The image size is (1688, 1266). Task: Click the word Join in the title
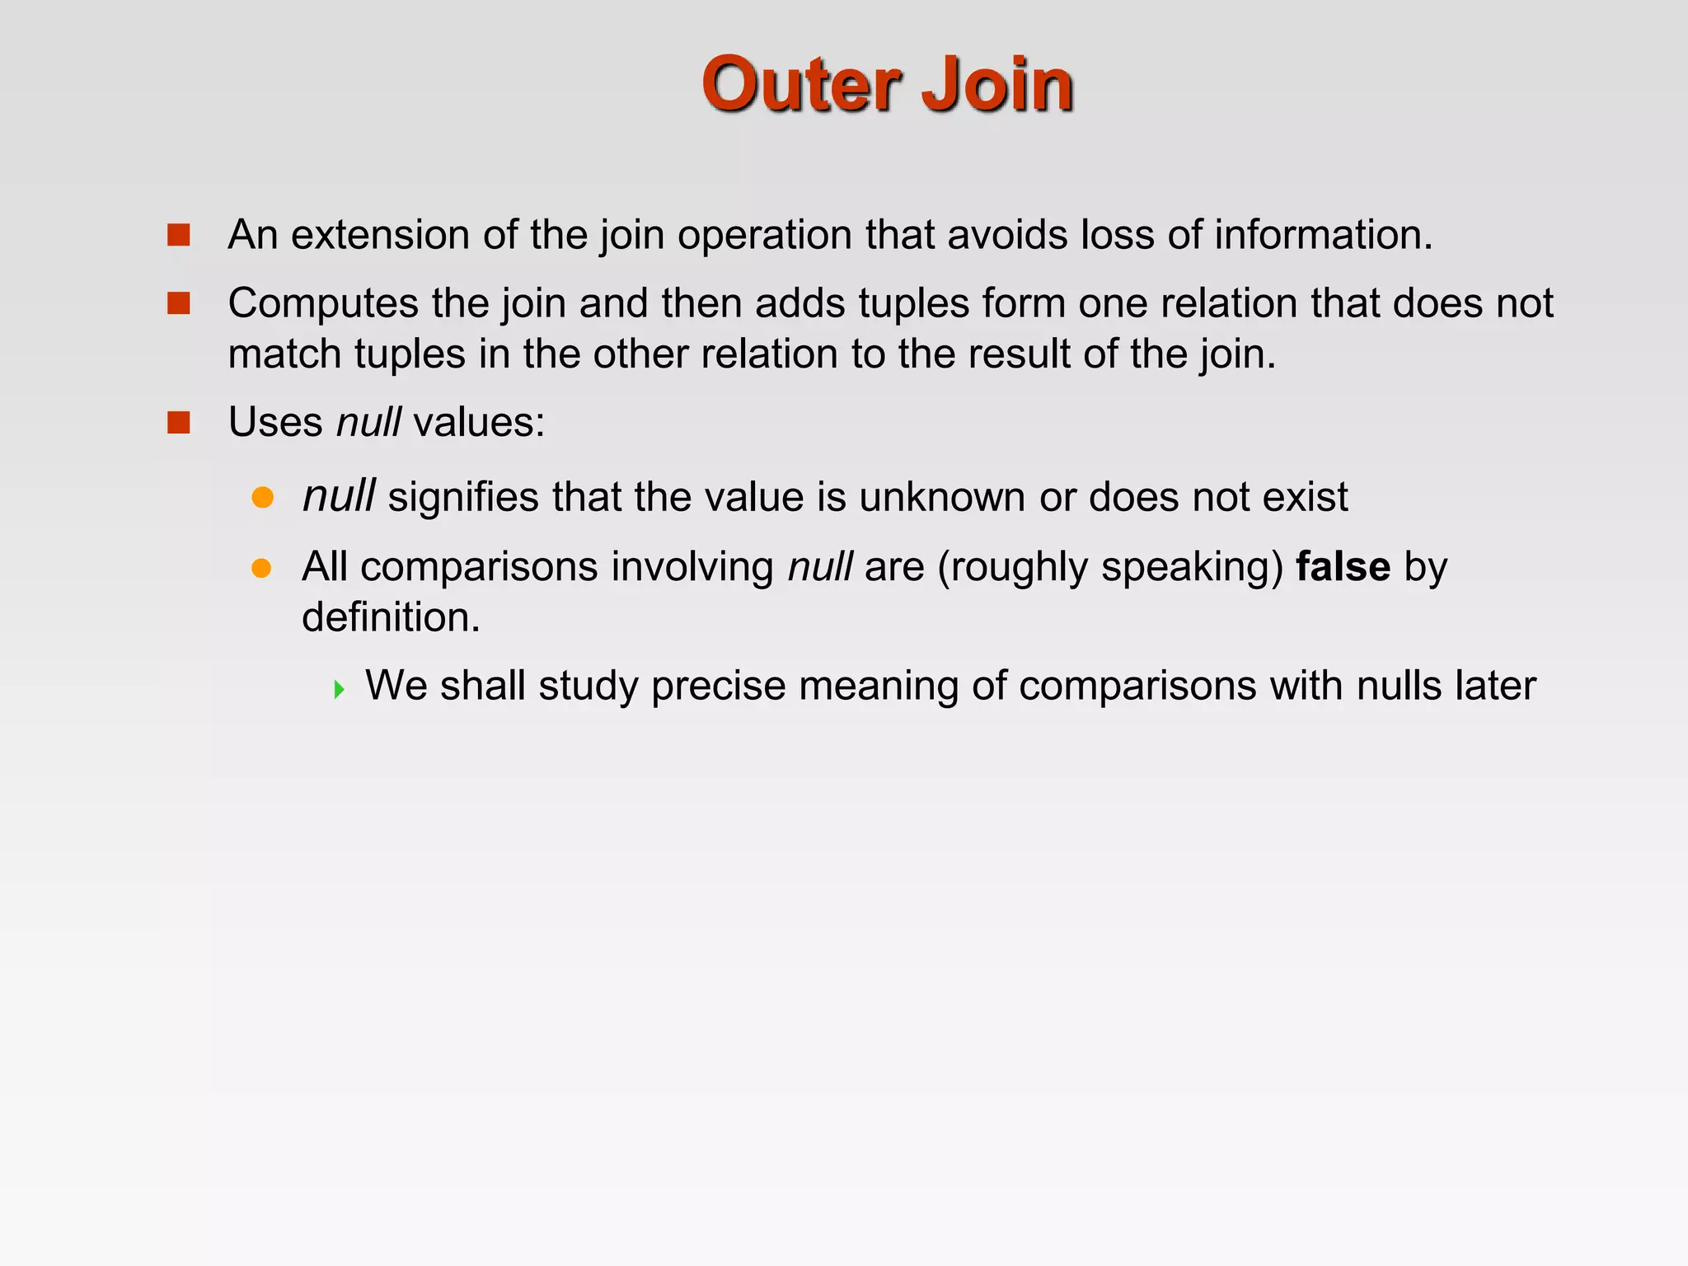tap(996, 84)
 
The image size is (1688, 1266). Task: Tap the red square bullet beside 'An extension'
tap(178, 236)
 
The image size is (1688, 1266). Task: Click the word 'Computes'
tap(323, 304)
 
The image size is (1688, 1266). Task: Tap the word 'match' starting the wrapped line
tap(284, 354)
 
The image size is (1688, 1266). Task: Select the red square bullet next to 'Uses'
tap(178, 423)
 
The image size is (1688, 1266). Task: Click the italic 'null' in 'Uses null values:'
tap(368, 423)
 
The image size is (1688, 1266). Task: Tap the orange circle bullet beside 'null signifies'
tap(262, 497)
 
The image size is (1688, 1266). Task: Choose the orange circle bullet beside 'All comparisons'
tap(262, 568)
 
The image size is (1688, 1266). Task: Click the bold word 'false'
tap(1343, 567)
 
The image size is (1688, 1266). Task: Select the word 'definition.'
tap(391, 617)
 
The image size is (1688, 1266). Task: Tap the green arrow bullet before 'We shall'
tap(339, 689)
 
